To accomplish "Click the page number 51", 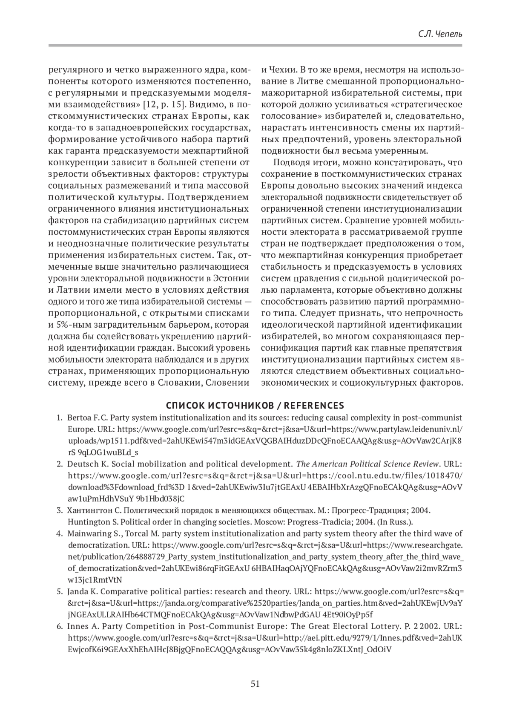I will [x=255, y=684].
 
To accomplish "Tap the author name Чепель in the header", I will [x=448, y=35].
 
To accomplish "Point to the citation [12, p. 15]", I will [x=164, y=104].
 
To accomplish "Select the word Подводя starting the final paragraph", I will [x=288, y=162].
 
